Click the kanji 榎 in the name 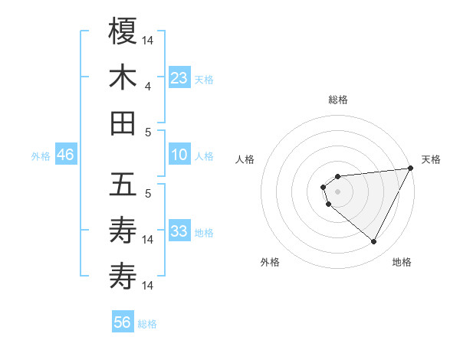pyautogui.click(x=123, y=31)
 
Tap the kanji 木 pyautogui.click(x=123, y=77)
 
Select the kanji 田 pyautogui.click(x=123, y=123)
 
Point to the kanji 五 pyautogui.click(x=123, y=185)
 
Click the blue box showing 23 pyautogui.click(x=179, y=78)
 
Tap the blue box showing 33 pyautogui.click(x=179, y=231)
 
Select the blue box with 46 pyautogui.click(x=66, y=155)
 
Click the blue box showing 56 pyautogui.click(x=123, y=322)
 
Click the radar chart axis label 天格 pyautogui.click(x=431, y=160)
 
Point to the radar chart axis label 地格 pyautogui.click(x=402, y=263)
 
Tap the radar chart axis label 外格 pyautogui.click(x=270, y=263)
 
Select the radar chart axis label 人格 pyautogui.click(x=245, y=160)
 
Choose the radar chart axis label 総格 pyautogui.click(x=337, y=100)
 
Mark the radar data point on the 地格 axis pyautogui.click(x=374, y=242)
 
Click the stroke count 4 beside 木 pyautogui.click(x=147, y=87)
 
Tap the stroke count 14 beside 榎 pyautogui.click(x=148, y=38)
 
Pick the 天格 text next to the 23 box pyautogui.click(x=203, y=79)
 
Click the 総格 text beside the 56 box pyautogui.click(x=147, y=324)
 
